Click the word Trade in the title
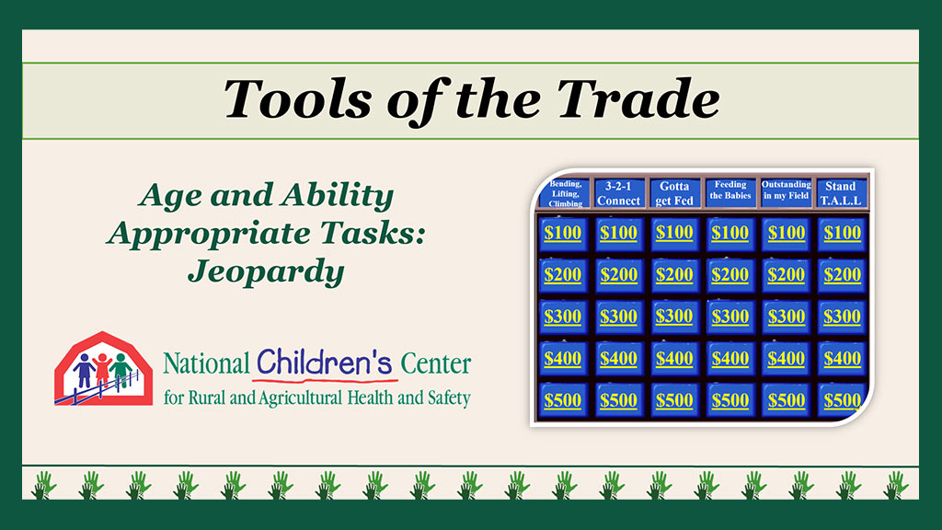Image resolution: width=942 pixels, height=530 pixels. point(638,98)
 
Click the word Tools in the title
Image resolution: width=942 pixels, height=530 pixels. point(297,98)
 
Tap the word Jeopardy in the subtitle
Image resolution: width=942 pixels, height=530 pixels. point(266,272)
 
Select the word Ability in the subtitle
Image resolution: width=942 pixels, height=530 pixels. point(339,196)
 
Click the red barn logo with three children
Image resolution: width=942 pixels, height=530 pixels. point(103,368)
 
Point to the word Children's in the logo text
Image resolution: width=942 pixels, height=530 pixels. point(325,363)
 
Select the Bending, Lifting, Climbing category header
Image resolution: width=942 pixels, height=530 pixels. point(565,193)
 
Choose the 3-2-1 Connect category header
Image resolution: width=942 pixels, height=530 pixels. point(618,193)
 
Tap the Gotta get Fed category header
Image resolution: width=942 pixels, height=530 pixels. point(674,193)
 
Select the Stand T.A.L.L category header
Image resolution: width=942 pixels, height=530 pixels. point(841,193)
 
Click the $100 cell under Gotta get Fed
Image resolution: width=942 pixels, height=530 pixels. point(674,233)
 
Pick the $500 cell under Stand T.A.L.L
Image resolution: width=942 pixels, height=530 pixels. point(842,401)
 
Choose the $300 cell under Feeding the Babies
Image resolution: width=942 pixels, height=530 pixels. point(729,317)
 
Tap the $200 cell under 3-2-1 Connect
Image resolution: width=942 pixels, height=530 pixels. point(618,275)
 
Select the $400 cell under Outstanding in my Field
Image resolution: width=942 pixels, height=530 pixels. point(786,359)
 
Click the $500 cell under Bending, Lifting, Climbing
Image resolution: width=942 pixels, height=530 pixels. point(562,401)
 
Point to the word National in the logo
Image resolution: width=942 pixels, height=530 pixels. point(206,364)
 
